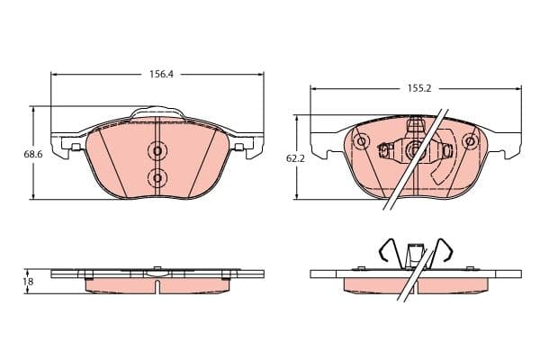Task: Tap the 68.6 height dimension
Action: coord(33,155)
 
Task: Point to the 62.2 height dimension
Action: coord(295,158)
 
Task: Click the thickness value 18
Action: coord(28,282)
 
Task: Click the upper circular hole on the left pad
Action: coord(157,151)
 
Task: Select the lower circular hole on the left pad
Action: coord(157,178)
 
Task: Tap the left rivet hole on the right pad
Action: coord(361,141)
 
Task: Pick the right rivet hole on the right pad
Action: coord(468,141)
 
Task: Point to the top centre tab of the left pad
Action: coord(157,113)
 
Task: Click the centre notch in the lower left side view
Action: coord(157,285)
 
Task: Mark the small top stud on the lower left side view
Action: coord(157,266)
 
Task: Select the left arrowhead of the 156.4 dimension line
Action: coord(55,76)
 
